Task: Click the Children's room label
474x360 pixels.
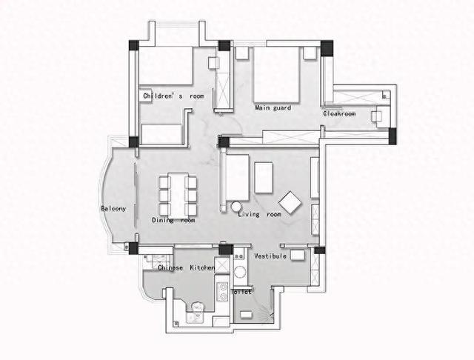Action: coord(173,96)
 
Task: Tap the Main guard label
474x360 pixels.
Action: coord(273,107)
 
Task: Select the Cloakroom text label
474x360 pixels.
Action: coord(339,113)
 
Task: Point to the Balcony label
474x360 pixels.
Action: coord(113,209)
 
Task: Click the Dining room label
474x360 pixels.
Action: coord(173,220)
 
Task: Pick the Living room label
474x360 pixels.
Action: coord(260,214)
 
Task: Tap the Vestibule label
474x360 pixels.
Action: coord(270,256)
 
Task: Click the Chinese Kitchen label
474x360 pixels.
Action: coord(186,268)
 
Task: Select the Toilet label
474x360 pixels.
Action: coord(241,292)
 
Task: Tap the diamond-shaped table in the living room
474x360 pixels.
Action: coord(290,202)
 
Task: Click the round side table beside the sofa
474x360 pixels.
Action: coord(236,207)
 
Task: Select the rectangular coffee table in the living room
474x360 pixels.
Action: coord(264,178)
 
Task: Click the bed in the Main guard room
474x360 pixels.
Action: coord(276,75)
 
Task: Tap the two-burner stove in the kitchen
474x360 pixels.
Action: coord(223,291)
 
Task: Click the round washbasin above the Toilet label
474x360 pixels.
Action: coord(241,271)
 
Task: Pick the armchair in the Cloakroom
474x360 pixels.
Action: coord(377,116)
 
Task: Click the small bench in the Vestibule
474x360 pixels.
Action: coord(298,255)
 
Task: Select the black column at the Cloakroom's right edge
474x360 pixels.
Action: coord(393,136)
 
